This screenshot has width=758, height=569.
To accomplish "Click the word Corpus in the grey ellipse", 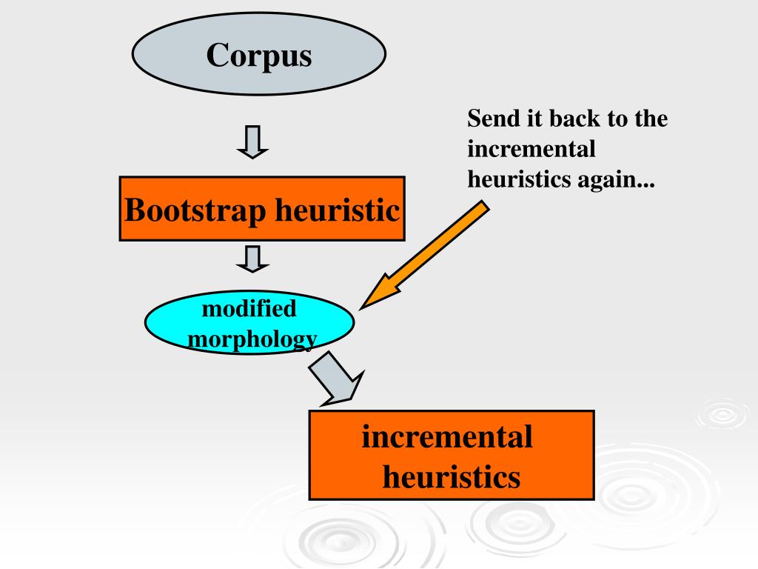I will coord(259,55).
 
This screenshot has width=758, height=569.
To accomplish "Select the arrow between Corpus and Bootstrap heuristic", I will coord(252,142).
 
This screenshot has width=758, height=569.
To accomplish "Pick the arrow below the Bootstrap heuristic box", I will coord(252,259).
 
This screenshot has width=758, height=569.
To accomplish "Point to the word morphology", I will coord(252,339).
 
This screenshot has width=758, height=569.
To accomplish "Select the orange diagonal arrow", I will coord(426,255).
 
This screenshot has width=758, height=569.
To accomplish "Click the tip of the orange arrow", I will coord(363,307).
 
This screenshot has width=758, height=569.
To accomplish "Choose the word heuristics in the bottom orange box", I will coord(451,476).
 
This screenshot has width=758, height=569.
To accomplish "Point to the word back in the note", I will coord(573,119).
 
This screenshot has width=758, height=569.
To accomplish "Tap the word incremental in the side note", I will coord(531,149).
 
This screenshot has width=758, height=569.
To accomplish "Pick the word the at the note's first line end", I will coord(651,119).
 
